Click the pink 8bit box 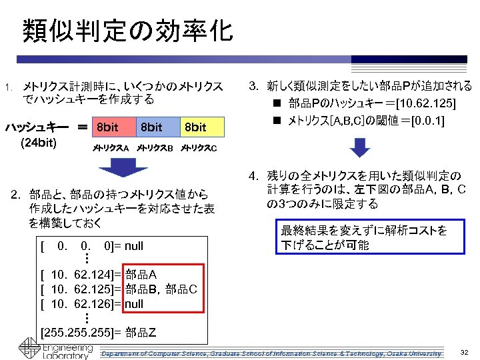pos(113,127)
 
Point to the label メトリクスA pos(110,147)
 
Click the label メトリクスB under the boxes pos(155,147)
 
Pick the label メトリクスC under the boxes pos(199,147)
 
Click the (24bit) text pos(39,142)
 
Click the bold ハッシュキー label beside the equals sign pos(37,127)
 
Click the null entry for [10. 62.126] pos(134,304)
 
